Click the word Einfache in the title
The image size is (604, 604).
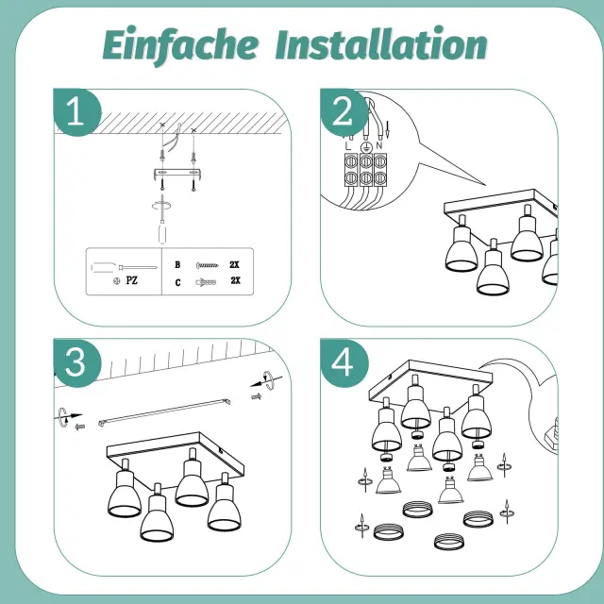180,46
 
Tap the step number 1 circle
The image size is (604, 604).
77,112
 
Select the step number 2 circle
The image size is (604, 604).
344,112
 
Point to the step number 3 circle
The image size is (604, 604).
77,362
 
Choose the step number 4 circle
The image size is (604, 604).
344,362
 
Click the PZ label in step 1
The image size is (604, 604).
132,280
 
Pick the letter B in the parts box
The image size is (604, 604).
177,264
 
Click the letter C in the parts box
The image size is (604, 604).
177,283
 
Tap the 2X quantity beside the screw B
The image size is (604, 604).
234,264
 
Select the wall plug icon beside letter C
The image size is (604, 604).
206,282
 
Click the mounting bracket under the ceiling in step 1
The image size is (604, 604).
177,174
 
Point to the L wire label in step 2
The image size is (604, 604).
348,146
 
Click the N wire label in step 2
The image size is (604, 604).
379,145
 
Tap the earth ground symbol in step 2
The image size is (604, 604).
365,147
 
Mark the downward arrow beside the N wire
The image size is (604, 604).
388,129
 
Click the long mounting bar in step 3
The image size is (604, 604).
165,412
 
